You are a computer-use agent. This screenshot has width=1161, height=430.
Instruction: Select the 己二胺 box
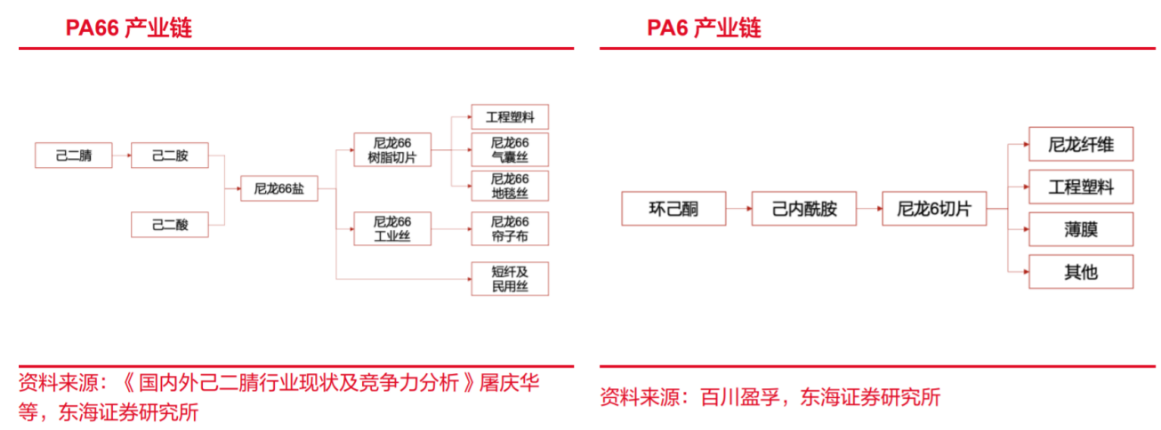click(x=170, y=155)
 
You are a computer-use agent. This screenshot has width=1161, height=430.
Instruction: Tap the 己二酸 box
click(x=170, y=225)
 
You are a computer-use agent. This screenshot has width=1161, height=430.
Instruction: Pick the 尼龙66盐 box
click(x=279, y=188)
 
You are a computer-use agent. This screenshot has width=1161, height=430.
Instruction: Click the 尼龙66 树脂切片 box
click(x=392, y=149)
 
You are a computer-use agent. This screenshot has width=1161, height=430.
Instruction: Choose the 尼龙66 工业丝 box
click(x=392, y=228)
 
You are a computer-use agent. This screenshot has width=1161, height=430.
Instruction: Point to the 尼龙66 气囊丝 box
click(x=510, y=149)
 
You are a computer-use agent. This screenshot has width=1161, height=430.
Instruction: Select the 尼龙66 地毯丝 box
click(x=510, y=186)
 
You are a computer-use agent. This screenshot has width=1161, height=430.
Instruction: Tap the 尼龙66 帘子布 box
click(x=510, y=228)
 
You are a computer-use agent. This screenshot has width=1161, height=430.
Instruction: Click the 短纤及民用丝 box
click(x=510, y=279)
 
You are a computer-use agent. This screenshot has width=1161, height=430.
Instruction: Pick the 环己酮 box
click(x=673, y=209)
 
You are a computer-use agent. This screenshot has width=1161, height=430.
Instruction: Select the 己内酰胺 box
click(x=804, y=209)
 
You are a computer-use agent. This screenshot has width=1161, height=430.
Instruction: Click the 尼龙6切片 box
click(x=933, y=209)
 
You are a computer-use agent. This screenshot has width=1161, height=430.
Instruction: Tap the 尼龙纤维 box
click(x=1081, y=144)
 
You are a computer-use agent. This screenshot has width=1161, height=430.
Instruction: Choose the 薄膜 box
click(x=1081, y=229)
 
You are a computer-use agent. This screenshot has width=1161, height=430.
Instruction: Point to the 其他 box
click(x=1081, y=272)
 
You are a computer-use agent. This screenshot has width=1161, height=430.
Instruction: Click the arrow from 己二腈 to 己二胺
click(x=121, y=155)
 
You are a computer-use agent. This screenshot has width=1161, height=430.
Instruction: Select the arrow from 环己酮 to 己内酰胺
click(x=738, y=209)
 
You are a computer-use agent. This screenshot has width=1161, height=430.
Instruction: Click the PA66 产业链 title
click(x=128, y=28)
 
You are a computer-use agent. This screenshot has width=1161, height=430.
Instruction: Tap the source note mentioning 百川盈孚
click(x=770, y=396)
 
